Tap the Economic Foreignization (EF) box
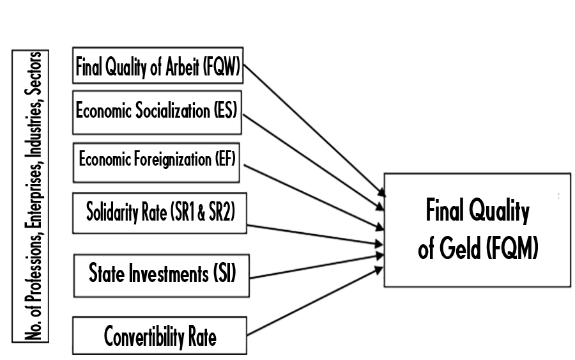pyautogui.click(x=157, y=160)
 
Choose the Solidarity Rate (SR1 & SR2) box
pyautogui.click(x=160, y=212)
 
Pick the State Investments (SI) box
pyautogui.click(x=160, y=275)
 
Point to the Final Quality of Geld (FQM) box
pyautogui.click(x=477, y=230)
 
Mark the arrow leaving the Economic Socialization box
pyautogui.click(x=313, y=157)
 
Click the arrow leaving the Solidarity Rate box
pyautogui.click(x=313, y=234)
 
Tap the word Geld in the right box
pyautogui.click(x=454, y=251)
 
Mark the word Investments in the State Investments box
pyautogui.click(x=171, y=275)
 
